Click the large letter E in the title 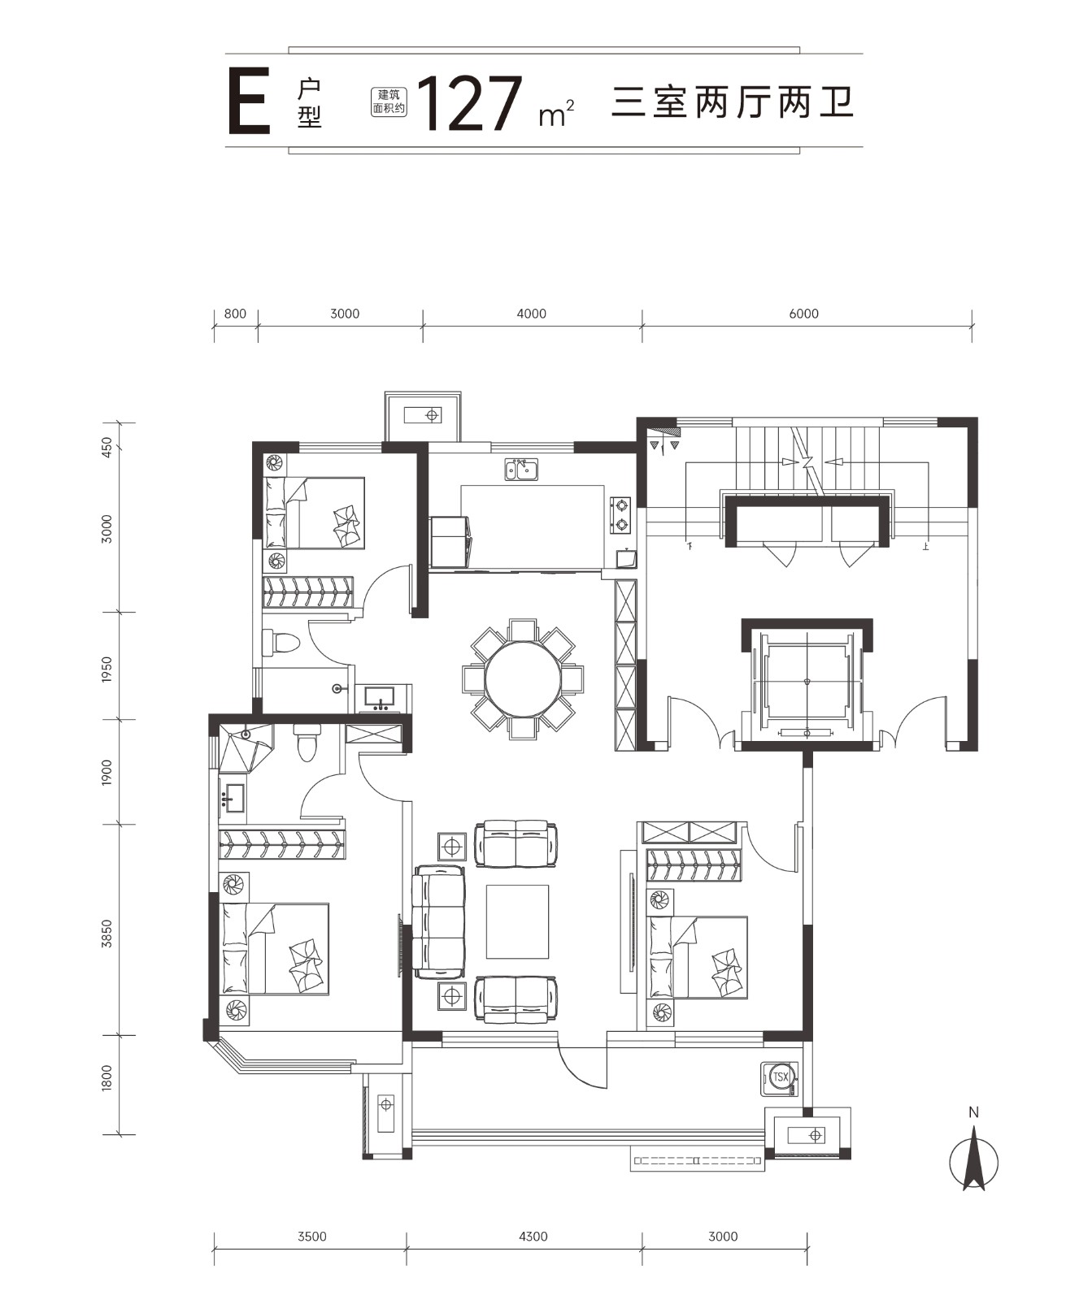coord(249,103)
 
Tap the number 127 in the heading coord(471,104)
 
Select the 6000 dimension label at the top coord(803,314)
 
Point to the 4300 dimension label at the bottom coord(532,1237)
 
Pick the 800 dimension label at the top coord(235,314)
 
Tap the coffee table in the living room coord(517,922)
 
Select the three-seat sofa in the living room coord(439,922)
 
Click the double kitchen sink coord(521,470)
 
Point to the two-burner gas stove coord(620,515)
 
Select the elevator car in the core coord(807,682)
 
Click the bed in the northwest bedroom coord(314,513)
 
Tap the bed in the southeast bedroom coord(697,957)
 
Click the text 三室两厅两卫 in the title coord(733,105)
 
